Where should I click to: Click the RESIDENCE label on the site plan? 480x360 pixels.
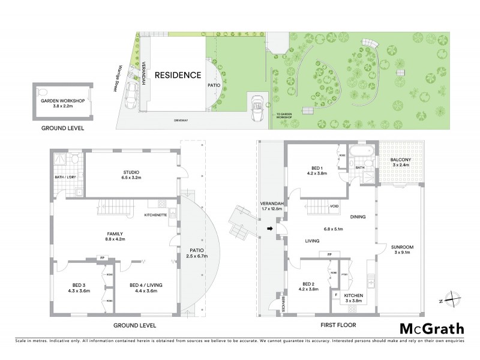178,76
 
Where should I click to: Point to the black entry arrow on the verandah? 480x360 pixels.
270,228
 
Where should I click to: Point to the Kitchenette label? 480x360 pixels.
157,214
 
